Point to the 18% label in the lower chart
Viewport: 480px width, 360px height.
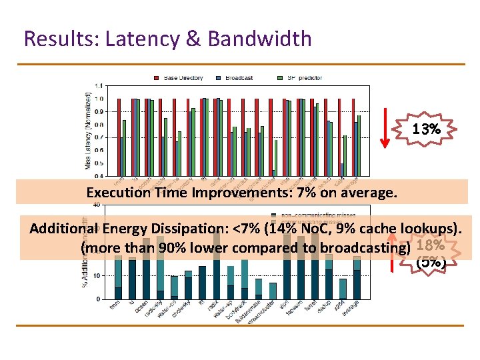430,246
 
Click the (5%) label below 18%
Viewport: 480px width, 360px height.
431,261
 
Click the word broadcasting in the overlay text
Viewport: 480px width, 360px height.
365,248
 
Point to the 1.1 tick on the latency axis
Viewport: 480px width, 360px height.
99,86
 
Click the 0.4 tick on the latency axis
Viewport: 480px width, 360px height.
99,176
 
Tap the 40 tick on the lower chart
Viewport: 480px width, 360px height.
97,205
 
